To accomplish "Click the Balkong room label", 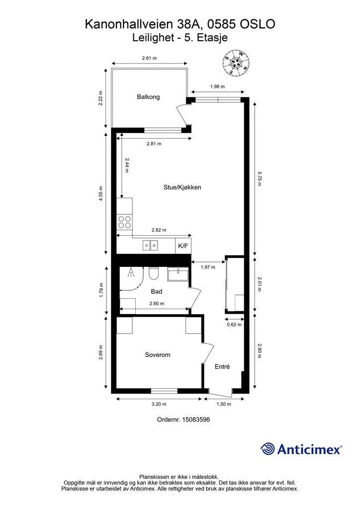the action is [148, 97].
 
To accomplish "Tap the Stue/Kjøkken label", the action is [182, 187].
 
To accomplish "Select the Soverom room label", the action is [158, 355].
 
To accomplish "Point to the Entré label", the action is [222, 366].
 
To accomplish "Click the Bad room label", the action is [157, 291].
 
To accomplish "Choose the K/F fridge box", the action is [183, 246].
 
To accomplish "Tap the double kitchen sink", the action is [150, 246].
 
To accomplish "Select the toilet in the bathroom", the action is [154, 273].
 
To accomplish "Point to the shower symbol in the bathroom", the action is [131, 273].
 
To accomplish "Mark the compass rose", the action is [236, 62].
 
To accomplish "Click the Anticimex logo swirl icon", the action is [268, 449].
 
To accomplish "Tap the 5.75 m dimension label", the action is [259, 179].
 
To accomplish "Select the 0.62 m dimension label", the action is [234, 324].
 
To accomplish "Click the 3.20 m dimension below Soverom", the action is [159, 404].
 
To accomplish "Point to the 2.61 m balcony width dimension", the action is [149, 58].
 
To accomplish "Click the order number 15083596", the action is [196, 420].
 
